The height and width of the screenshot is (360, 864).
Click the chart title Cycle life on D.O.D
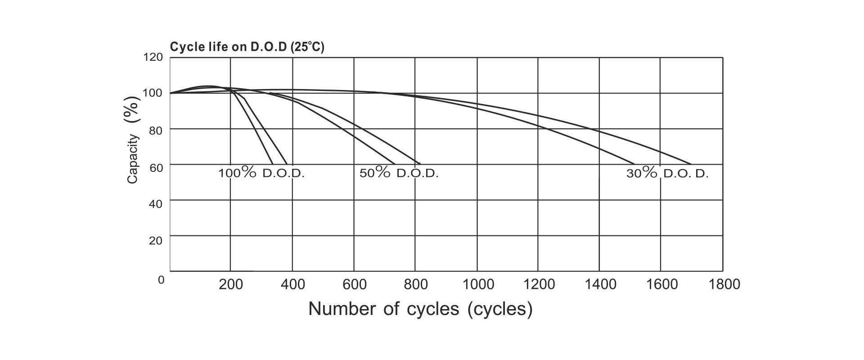(x=247, y=47)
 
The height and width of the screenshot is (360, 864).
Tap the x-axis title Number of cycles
(x=420, y=309)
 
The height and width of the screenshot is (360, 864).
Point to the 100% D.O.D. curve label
(x=261, y=173)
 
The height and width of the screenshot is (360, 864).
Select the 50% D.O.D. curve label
(x=399, y=173)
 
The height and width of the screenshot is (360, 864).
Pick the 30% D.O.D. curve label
(x=667, y=173)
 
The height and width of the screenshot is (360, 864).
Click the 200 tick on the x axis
(x=231, y=284)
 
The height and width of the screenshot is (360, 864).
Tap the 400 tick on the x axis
(x=292, y=284)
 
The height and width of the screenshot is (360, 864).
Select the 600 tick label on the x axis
(x=354, y=284)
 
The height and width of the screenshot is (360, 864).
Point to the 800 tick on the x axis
(x=415, y=284)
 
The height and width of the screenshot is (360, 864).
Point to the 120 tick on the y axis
(x=153, y=57)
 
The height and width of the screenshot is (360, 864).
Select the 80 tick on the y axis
(x=155, y=131)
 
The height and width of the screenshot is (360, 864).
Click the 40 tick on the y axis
(x=155, y=203)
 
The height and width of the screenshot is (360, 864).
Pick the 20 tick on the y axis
(x=155, y=240)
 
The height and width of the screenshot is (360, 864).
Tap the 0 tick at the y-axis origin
(x=161, y=279)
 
